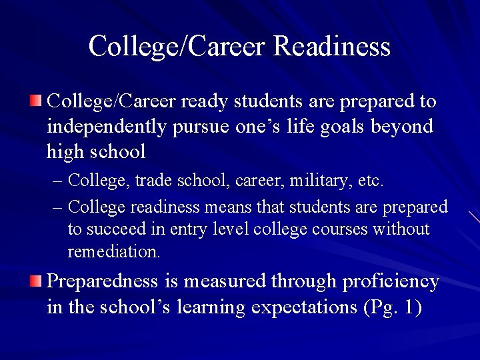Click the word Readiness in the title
tap(332, 46)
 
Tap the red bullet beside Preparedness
tap(35, 281)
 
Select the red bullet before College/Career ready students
tap(35, 101)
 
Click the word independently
tap(107, 127)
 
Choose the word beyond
tap(402, 127)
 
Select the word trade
tap(153, 181)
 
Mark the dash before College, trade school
tap(57, 181)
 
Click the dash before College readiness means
tap(57, 207)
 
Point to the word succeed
tap(116, 229)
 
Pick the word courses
tap(339, 230)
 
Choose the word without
tap(401, 229)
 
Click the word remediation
tap(114, 251)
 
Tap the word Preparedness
tap(102, 281)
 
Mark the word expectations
tap(304, 307)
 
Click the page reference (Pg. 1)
tap(393, 307)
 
